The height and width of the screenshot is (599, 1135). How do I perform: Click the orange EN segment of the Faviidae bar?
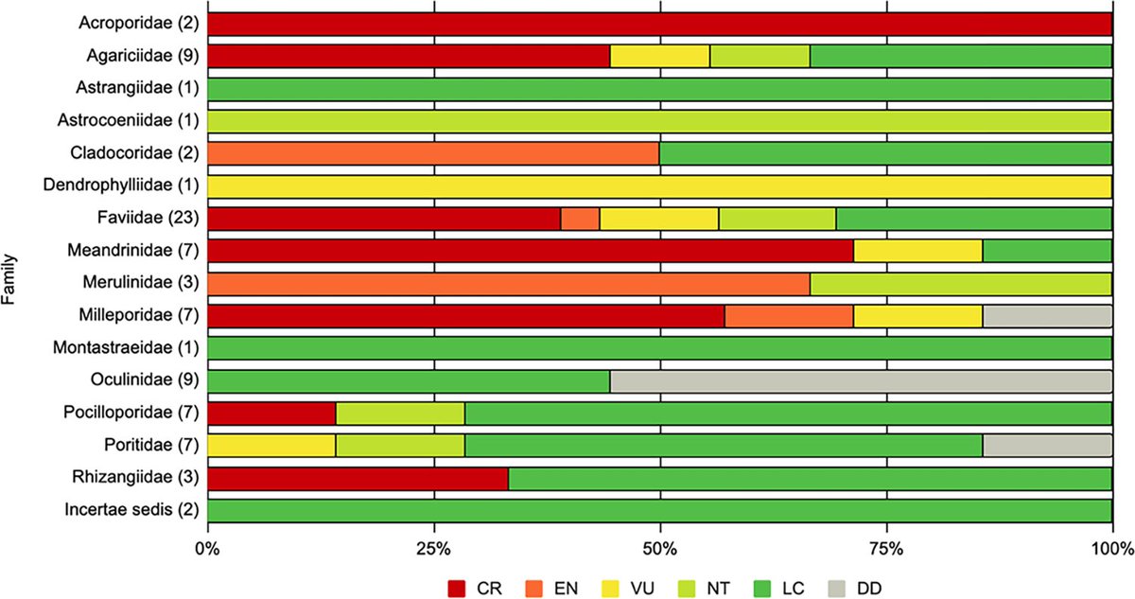(x=580, y=220)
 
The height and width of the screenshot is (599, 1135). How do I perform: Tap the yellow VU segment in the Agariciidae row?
(x=659, y=56)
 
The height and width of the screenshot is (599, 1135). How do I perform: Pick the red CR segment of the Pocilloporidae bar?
(x=271, y=414)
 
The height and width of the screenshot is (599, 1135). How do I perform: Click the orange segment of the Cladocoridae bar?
(x=432, y=152)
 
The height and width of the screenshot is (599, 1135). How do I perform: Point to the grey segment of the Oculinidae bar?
(x=861, y=381)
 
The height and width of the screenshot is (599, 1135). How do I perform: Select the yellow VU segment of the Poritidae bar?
(x=271, y=446)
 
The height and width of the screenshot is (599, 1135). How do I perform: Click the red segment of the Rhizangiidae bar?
(x=358, y=478)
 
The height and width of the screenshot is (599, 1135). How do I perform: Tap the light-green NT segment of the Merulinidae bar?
(x=960, y=284)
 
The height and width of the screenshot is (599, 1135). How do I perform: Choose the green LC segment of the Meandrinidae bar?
(x=1047, y=252)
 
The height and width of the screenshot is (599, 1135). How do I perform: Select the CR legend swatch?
(x=458, y=587)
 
